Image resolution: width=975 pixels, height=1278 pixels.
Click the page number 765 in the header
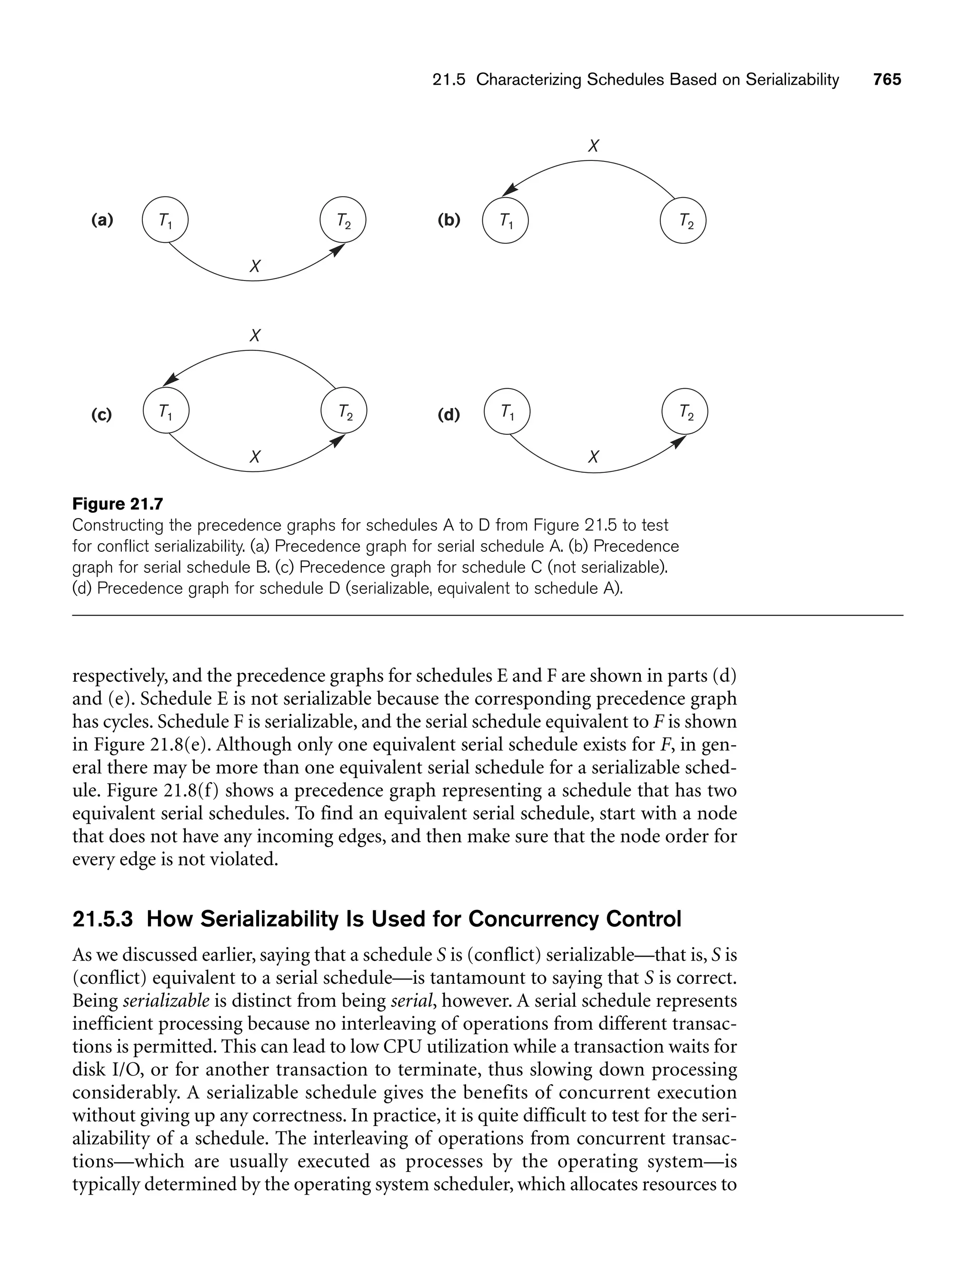(887, 80)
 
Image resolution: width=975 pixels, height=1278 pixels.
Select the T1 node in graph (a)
(165, 220)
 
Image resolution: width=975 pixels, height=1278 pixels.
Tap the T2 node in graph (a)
(343, 220)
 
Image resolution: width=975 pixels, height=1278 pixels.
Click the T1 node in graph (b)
(506, 220)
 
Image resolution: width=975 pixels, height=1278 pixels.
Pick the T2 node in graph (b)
(683, 220)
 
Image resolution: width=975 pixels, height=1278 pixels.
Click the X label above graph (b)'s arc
(593, 146)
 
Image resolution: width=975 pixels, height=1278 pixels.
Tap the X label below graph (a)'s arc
(255, 266)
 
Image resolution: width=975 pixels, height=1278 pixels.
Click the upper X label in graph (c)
(255, 336)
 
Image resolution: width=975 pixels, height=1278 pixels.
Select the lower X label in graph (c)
(255, 457)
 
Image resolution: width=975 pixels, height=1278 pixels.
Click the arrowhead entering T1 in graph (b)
(510, 190)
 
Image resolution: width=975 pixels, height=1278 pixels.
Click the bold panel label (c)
(101, 415)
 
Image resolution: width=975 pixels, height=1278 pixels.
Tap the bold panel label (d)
(448, 415)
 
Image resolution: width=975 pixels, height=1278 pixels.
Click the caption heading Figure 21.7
(118, 504)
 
